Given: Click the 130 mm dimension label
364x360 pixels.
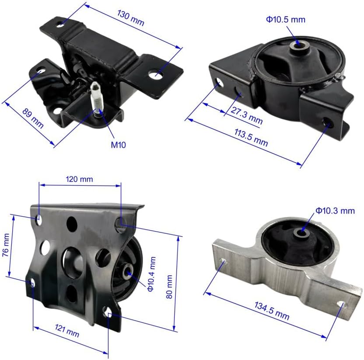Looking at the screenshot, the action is [x=131, y=18].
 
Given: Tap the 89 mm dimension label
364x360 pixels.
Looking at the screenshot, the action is [x=33, y=118].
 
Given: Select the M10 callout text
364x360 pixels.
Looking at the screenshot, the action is [x=118, y=145].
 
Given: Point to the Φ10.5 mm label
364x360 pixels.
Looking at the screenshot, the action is [x=285, y=20].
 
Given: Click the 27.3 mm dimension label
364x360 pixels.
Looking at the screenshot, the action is [x=247, y=116].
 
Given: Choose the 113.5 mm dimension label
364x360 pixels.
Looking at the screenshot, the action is [x=251, y=138].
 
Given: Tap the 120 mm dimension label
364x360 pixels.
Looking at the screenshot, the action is [x=80, y=179].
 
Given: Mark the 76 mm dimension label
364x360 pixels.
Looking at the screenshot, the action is [x=6, y=245].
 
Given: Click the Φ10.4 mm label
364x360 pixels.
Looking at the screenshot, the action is [x=151, y=274].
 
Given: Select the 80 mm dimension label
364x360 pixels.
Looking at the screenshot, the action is [x=169, y=287].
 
